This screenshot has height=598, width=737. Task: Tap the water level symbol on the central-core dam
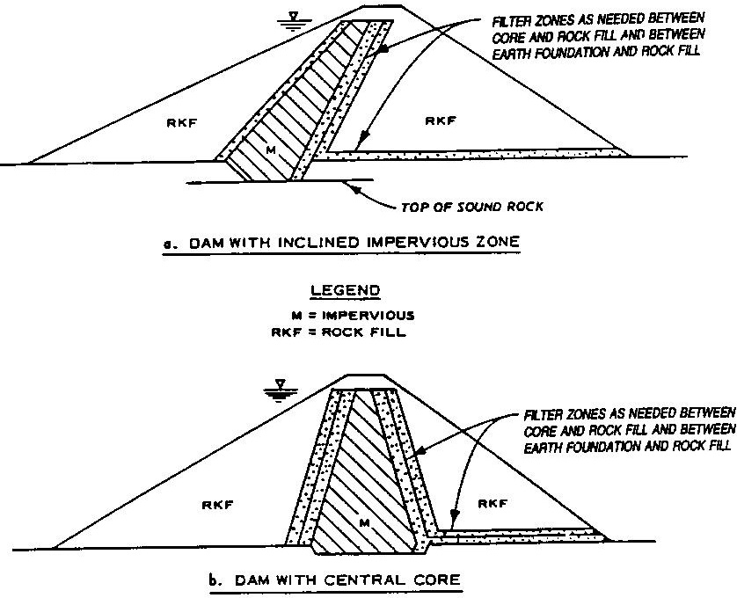tap(281, 390)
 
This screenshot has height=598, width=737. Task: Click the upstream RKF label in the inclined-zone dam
tap(182, 123)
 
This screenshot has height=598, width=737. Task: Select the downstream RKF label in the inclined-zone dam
tap(441, 120)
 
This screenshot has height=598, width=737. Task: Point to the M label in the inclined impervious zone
tap(270, 150)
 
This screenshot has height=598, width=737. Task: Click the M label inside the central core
tap(365, 522)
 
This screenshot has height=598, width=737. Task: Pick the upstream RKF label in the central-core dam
tap(217, 506)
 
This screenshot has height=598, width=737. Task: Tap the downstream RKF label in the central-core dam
tap(493, 504)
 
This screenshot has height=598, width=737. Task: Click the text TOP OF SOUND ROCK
tap(472, 207)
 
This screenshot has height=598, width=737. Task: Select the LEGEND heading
tap(345, 290)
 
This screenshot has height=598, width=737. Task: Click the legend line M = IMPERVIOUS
tap(353, 315)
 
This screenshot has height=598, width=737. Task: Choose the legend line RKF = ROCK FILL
tap(339, 332)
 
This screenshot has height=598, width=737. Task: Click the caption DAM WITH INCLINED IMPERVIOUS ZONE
tap(354, 243)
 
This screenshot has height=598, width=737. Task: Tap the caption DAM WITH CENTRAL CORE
tap(347, 580)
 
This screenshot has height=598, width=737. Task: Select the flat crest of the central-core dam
tap(367, 376)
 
